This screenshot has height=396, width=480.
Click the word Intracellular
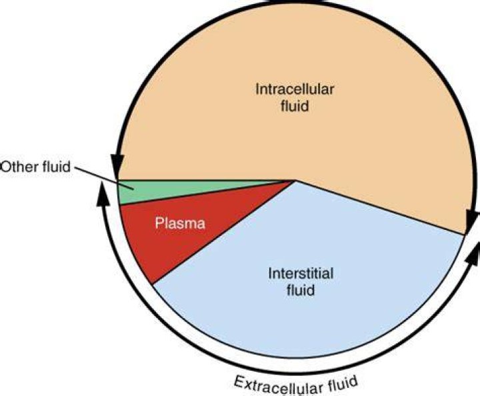pyautogui.click(x=295, y=89)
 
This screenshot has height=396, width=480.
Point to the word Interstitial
pyautogui.click(x=301, y=273)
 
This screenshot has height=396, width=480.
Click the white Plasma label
pyautogui.click(x=180, y=223)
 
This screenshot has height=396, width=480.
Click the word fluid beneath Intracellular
pyautogui.click(x=295, y=106)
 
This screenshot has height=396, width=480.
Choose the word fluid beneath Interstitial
pyautogui.click(x=301, y=289)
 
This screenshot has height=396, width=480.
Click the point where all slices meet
pyautogui.click(x=296, y=181)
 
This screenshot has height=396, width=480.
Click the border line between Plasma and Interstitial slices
pyautogui.click(x=224, y=233)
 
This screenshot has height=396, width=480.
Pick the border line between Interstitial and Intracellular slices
pyautogui.click(x=380, y=208)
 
